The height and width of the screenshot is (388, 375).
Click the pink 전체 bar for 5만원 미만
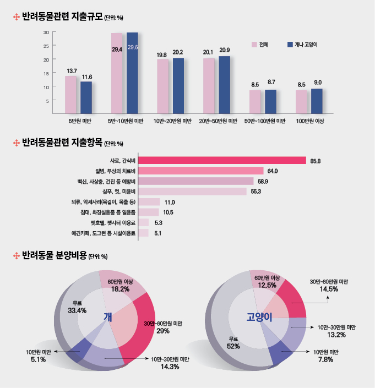tap(70, 94)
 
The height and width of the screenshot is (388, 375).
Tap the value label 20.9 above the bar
tap(224, 51)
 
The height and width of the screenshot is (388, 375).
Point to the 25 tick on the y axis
tap(47, 46)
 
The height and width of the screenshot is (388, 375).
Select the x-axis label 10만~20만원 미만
tap(172, 121)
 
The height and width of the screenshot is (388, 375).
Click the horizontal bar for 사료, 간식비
tap(222, 160)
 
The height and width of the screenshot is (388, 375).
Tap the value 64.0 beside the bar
tap(273, 171)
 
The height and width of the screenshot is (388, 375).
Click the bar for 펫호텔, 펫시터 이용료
tap(143, 222)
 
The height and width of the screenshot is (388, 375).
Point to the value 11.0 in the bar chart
tap(170, 202)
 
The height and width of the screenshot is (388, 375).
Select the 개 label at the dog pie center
tap(108, 317)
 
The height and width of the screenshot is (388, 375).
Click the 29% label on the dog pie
tap(163, 331)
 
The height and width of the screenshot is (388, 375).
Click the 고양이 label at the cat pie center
tap(259, 318)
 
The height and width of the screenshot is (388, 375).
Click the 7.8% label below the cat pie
tap(324, 359)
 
